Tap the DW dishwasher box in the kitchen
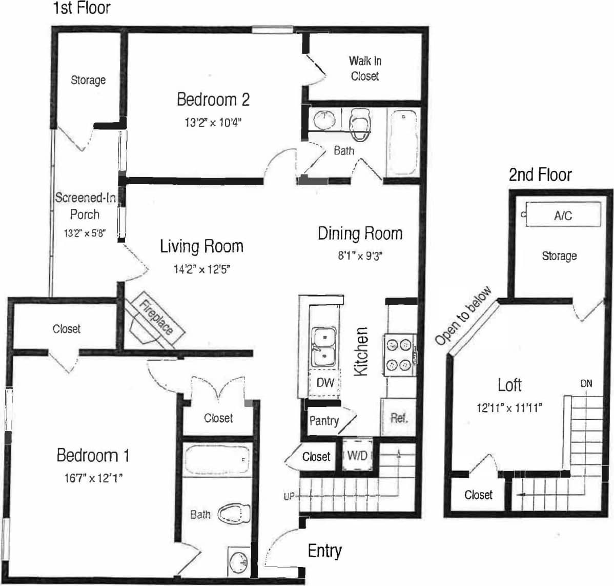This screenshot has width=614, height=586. [x=325, y=382]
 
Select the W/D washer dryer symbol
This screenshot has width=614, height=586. [x=357, y=455]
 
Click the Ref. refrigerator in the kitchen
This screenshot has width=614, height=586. [x=399, y=418]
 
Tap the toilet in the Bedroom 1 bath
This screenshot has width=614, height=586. [x=233, y=514]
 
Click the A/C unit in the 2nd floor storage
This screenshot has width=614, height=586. [x=563, y=215]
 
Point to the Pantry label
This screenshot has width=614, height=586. [x=324, y=421]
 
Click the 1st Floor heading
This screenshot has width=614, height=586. [x=81, y=8]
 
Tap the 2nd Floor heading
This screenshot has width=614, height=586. [x=540, y=175]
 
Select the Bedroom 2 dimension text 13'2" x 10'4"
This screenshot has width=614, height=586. [x=213, y=123]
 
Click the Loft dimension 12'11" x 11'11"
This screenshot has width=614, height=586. [x=509, y=408]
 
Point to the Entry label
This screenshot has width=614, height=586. [x=324, y=551]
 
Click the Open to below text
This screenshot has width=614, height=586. [x=463, y=316]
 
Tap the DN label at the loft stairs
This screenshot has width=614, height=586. [x=586, y=383]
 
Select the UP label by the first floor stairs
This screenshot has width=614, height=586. [x=289, y=496]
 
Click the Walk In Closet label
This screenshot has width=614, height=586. [x=365, y=68]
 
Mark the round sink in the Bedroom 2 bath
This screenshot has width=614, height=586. [x=324, y=120]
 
